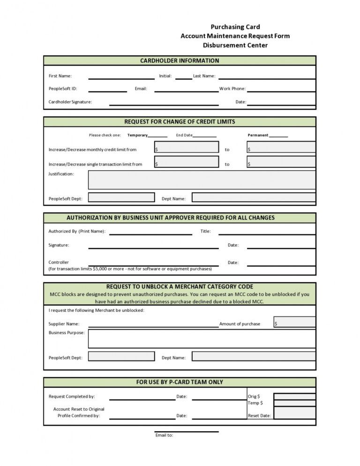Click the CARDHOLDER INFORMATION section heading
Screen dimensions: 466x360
tap(180, 60)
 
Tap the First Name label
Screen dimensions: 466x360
tap(60, 76)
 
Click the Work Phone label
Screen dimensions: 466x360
tap(232, 89)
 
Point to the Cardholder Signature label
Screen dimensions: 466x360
tap(70, 102)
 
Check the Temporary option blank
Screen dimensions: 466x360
tap(158, 135)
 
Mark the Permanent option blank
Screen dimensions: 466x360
tap(279, 135)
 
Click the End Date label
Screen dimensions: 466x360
tap(184, 135)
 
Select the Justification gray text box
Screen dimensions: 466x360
tap(202, 180)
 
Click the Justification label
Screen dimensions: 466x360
tap(61, 174)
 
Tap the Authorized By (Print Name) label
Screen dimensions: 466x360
tap(77, 231)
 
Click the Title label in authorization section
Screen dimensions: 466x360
tap(205, 231)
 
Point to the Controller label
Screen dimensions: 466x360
tap(59, 262)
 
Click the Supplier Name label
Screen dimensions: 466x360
tap(64, 323)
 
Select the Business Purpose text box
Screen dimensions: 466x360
tap(202, 338)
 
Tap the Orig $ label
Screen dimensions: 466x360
tap(254, 396)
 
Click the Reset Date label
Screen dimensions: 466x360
tap(259, 416)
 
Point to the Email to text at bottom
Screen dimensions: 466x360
tap(164, 435)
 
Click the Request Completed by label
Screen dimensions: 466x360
tap(72, 397)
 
